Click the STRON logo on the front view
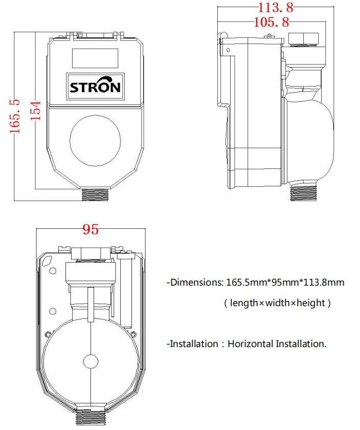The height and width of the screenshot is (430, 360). (x=96, y=86)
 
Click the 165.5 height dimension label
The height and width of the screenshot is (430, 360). (x=16, y=116)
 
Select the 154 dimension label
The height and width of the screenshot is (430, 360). (x=35, y=110)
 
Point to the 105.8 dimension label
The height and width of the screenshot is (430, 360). (x=272, y=21)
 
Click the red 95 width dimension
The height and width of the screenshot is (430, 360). (x=91, y=230)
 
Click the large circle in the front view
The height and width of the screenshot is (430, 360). (x=96, y=138)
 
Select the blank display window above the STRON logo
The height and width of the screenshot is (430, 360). (x=95, y=58)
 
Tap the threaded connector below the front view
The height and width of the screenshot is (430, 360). (x=95, y=195)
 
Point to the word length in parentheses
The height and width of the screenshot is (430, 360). (x=244, y=303)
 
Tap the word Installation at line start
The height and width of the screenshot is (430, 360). (x=194, y=344)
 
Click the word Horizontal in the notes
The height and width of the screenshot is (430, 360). (x=251, y=344)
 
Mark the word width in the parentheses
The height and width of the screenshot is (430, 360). (x=277, y=303)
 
